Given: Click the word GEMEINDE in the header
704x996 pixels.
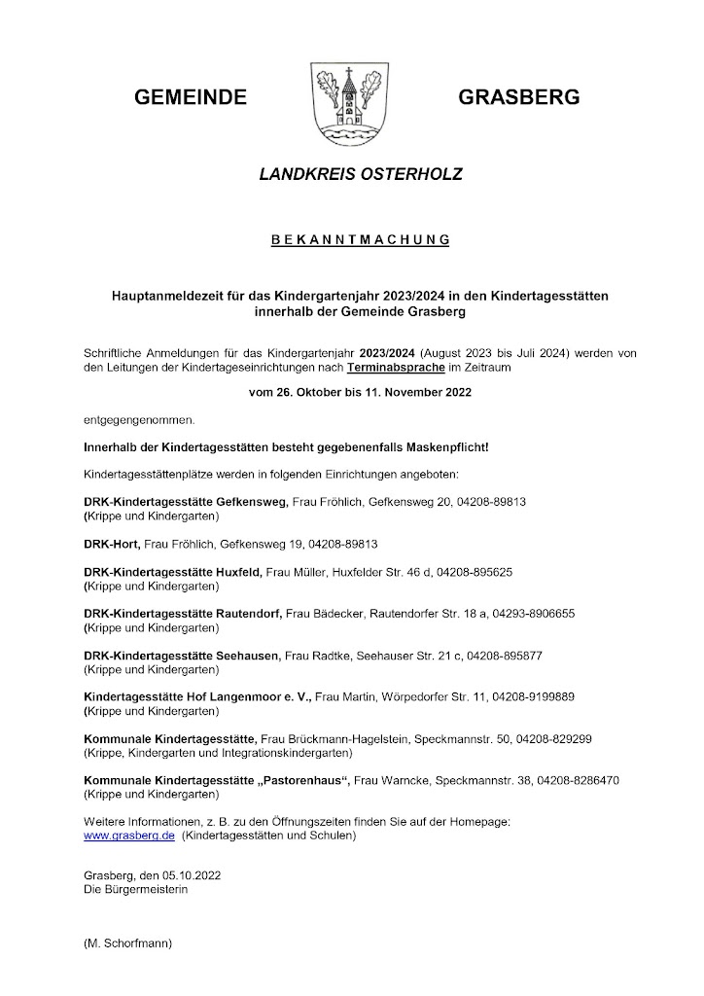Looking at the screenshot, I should point(191,97).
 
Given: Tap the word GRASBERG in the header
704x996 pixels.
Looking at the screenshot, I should point(518,97).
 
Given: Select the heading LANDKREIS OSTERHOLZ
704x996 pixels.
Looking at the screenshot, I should point(360,175).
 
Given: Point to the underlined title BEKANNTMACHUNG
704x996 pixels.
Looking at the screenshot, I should point(360,238).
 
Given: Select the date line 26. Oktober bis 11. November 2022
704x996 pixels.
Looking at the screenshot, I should point(360,393).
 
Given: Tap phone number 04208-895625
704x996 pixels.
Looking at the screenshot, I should point(478,572).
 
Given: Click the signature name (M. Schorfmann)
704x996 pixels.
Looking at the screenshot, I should point(127,943).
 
